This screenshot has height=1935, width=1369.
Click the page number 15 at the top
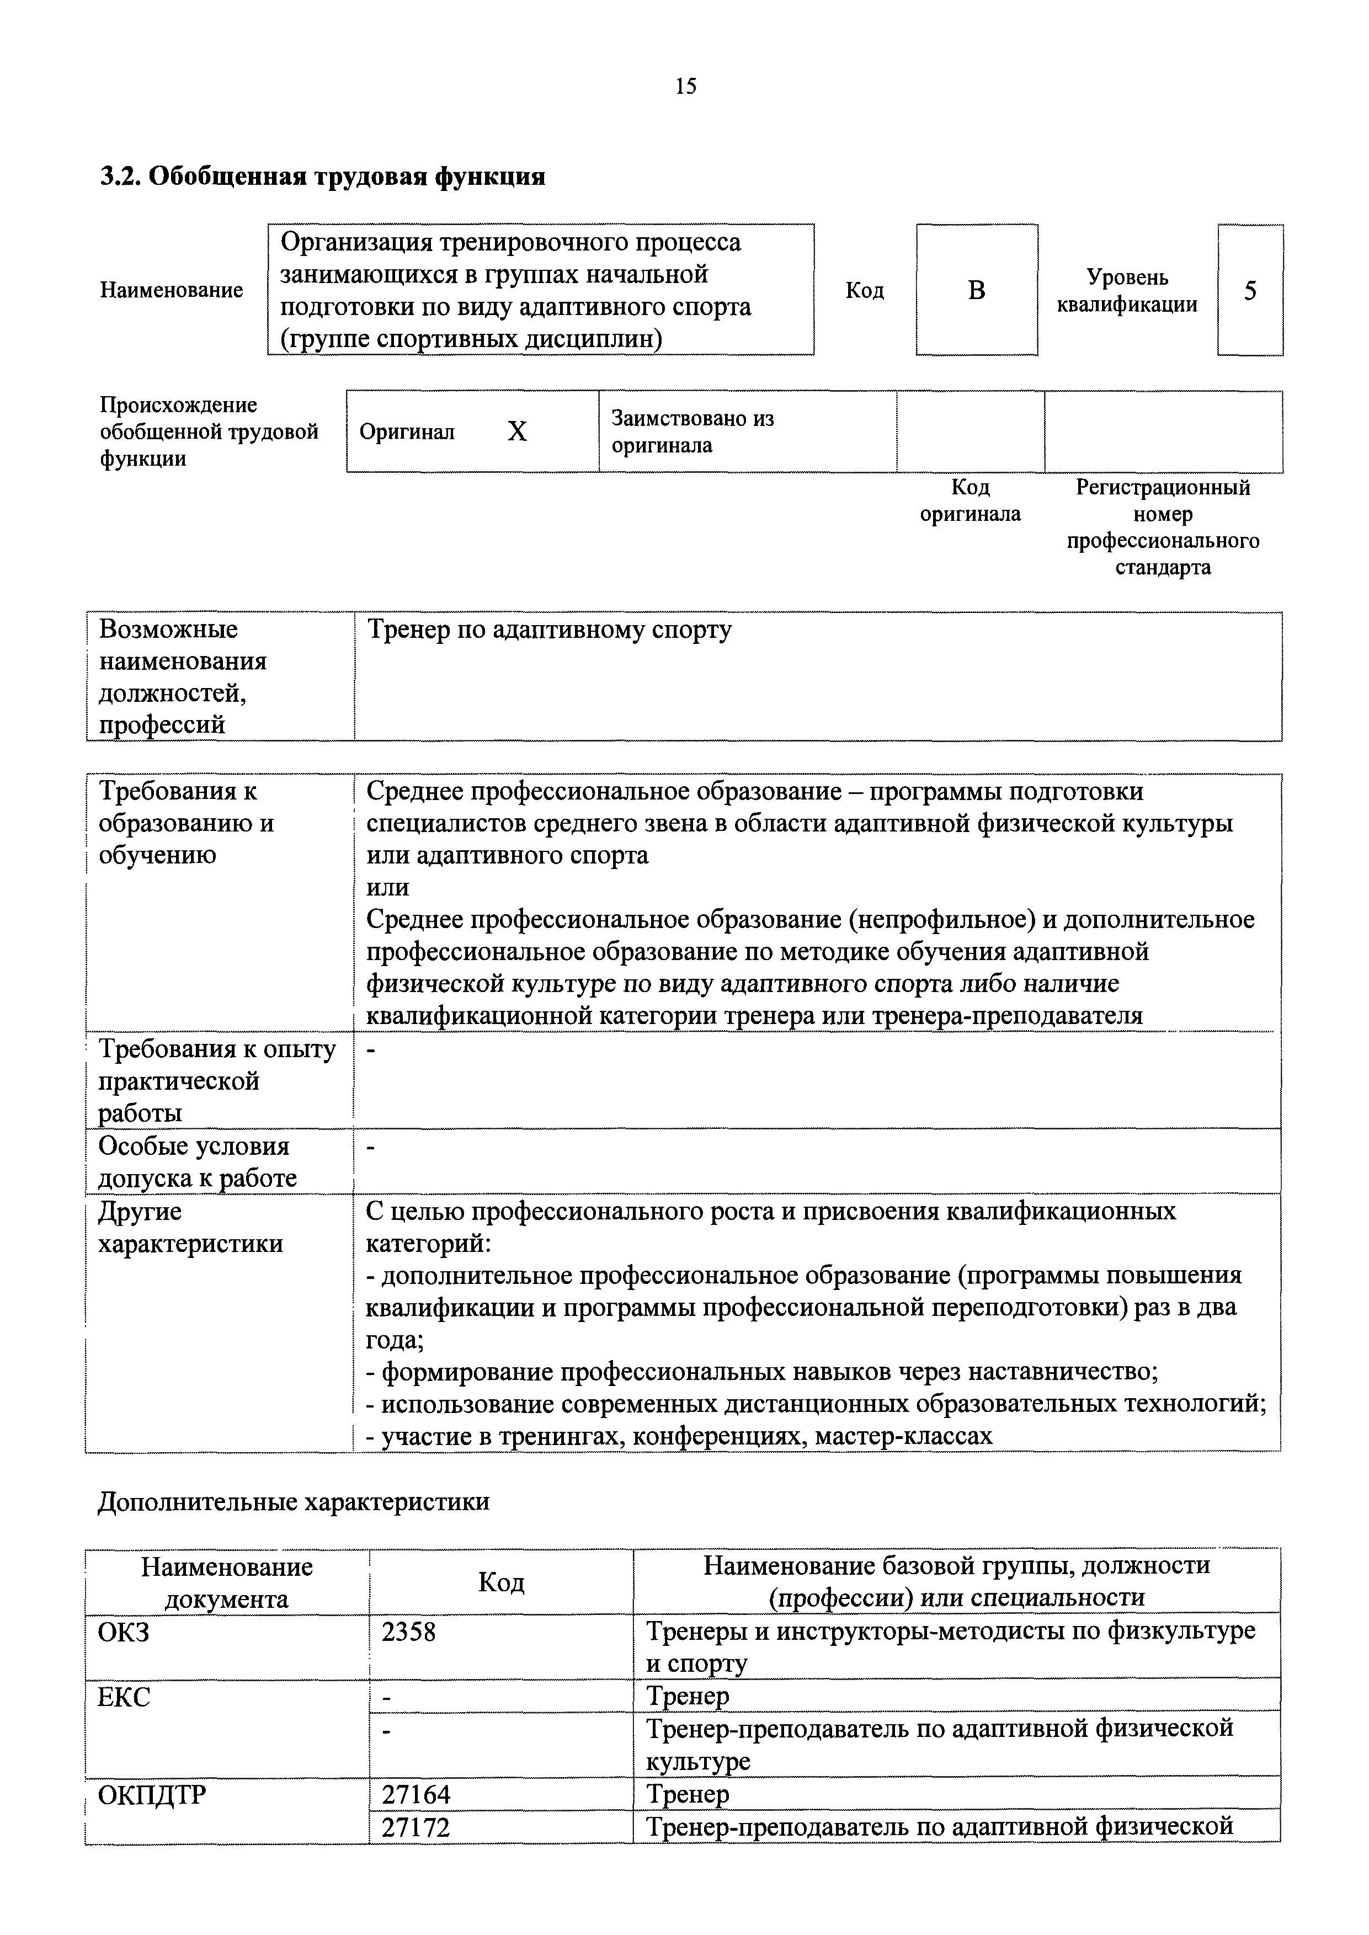(x=685, y=86)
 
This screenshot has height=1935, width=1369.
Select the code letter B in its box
(x=976, y=291)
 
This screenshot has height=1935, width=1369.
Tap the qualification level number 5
(x=1250, y=291)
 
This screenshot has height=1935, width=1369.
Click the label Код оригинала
(x=970, y=500)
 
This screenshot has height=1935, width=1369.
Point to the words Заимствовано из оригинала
(x=692, y=431)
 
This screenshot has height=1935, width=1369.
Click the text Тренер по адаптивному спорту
(x=550, y=631)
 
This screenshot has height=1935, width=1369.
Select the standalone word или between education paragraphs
(x=388, y=887)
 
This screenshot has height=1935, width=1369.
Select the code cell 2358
(x=409, y=1633)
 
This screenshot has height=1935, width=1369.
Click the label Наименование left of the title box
(x=171, y=291)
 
